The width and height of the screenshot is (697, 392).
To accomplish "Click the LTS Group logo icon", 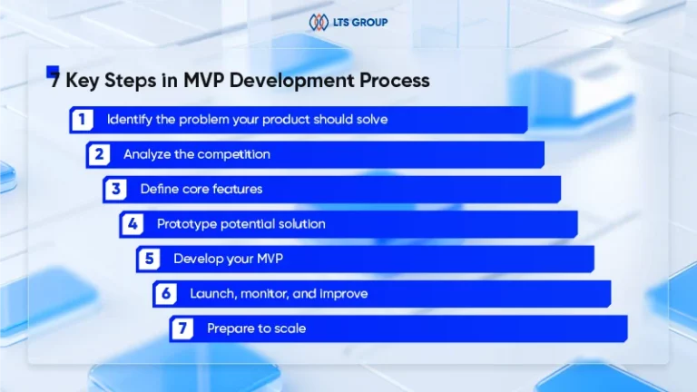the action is [319, 22].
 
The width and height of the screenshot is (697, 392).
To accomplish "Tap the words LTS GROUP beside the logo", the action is [360, 22].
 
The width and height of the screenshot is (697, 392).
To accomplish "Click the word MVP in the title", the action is [203, 81].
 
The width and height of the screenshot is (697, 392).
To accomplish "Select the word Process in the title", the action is [394, 81].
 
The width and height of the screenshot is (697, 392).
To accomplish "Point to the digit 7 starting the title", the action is [54, 81].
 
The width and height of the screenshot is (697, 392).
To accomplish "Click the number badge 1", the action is [83, 120].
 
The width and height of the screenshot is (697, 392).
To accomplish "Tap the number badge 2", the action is [99, 154].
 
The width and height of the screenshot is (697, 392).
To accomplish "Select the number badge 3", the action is [115, 190].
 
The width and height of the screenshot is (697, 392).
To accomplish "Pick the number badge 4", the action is [133, 224].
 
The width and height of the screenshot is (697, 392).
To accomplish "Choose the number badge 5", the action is [149, 259].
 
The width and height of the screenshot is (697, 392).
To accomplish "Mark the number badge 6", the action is [166, 294].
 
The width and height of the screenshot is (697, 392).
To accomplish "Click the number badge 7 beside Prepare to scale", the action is [182, 328].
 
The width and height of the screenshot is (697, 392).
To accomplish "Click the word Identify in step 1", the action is [130, 120].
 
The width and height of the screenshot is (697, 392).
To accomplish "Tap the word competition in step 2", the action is [233, 154].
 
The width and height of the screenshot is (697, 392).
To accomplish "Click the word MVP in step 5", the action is [270, 259].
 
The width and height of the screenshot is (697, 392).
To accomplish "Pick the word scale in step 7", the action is [290, 328].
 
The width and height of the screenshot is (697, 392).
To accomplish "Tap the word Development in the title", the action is [291, 81].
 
